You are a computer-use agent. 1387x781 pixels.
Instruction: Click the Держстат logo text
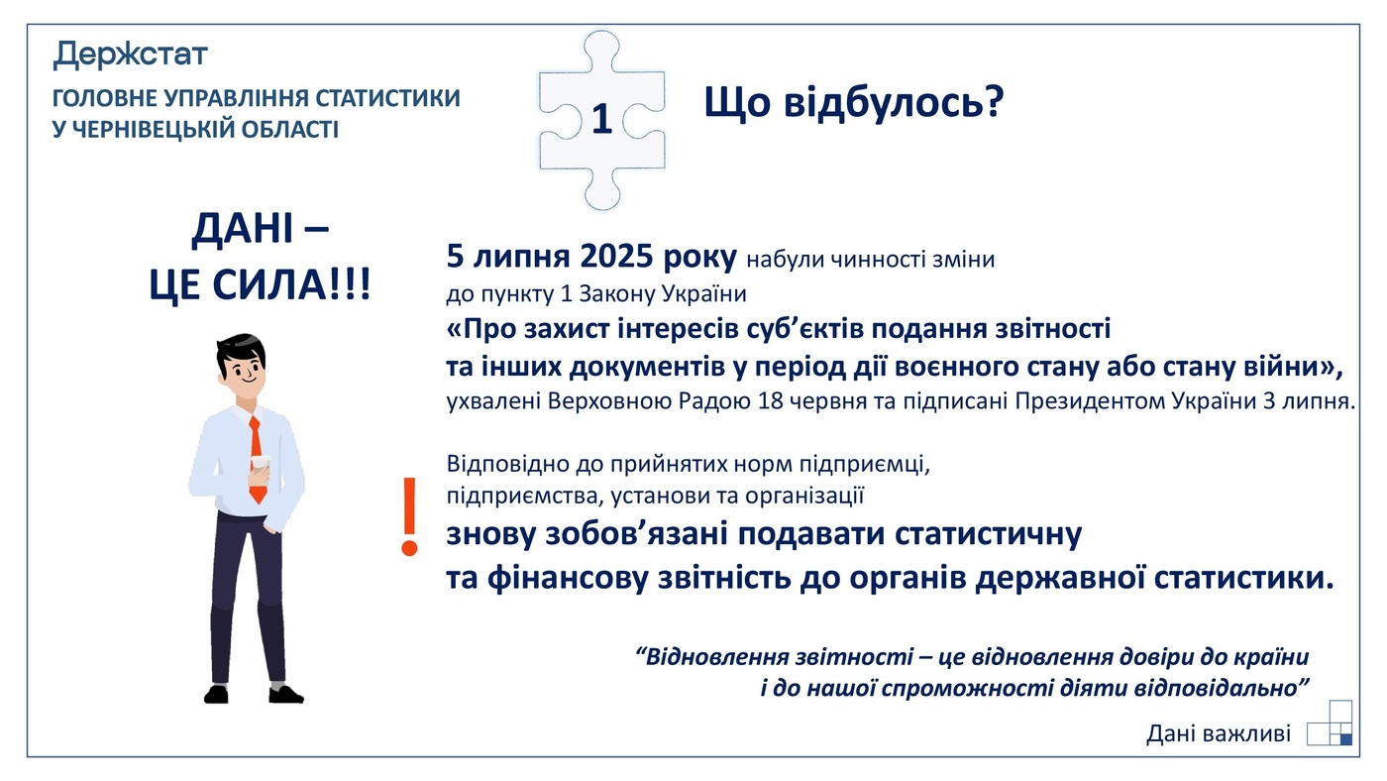(130, 54)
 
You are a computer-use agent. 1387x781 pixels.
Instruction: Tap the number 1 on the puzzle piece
(601, 119)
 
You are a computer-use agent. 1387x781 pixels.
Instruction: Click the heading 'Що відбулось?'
(854, 102)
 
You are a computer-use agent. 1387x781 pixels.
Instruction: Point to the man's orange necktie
(256, 456)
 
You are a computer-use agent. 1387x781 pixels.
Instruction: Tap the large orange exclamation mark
(408, 516)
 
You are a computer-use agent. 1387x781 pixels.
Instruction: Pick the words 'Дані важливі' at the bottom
(1219, 733)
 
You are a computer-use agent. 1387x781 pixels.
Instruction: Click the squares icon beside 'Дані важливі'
(1331, 724)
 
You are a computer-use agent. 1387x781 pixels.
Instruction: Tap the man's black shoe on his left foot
(285, 694)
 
